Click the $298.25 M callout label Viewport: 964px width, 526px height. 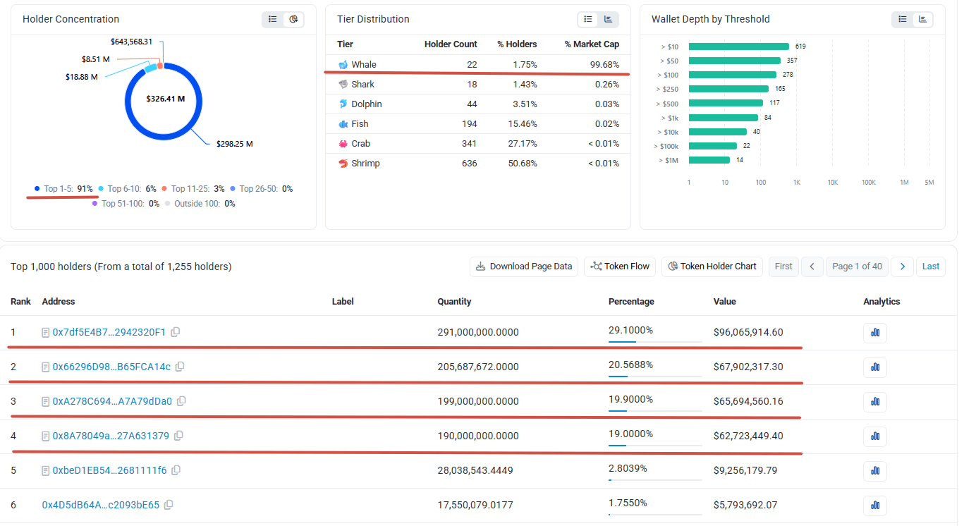coord(236,145)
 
